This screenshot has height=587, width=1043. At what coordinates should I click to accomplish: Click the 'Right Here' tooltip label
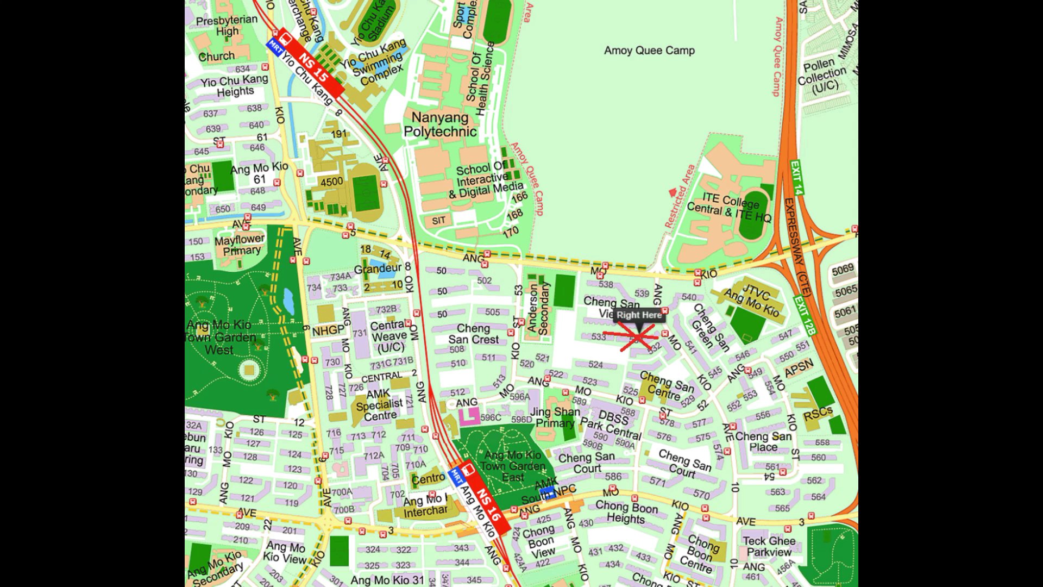[639, 315]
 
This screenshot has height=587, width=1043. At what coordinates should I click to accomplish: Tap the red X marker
[636, 336]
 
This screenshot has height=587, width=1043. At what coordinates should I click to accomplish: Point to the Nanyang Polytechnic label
[439, 124]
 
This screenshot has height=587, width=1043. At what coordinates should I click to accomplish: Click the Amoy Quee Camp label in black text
[649, 51]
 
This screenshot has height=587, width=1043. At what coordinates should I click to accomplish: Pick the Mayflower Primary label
[240, 245]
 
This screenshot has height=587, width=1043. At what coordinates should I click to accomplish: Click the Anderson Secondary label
[538, 308]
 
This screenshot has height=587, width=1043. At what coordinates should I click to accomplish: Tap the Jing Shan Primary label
[555, 417]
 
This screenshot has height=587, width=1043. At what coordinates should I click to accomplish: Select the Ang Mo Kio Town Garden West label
[219, 338]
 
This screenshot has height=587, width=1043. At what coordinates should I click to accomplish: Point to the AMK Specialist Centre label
[379, 405]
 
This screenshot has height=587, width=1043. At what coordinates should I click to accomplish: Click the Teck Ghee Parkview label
[769, 546]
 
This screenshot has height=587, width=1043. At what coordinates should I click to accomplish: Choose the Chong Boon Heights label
[626, 512]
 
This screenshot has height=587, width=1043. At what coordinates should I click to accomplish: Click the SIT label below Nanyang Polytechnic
[438, 220]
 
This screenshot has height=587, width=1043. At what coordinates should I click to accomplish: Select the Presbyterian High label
[227, 26]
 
